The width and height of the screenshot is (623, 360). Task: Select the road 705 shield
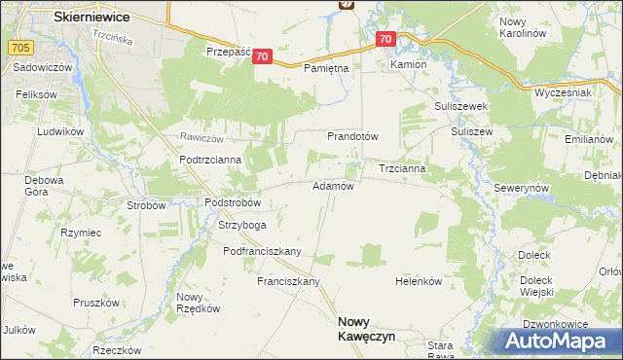pos(18,46)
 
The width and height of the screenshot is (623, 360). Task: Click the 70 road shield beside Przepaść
pos(261,57)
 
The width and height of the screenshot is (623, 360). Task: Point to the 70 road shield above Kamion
pos(385,40)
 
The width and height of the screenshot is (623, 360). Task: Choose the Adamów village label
pos(332,186)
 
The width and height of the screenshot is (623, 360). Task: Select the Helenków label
pos(419,281)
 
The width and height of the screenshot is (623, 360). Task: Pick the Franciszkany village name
pos(288,281)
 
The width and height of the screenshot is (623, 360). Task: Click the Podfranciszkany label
pos(262,251)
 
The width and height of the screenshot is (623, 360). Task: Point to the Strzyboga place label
pos(241,226)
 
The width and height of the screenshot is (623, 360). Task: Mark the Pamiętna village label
pos(326,69)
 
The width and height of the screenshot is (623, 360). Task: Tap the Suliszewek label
pos(460,106)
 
